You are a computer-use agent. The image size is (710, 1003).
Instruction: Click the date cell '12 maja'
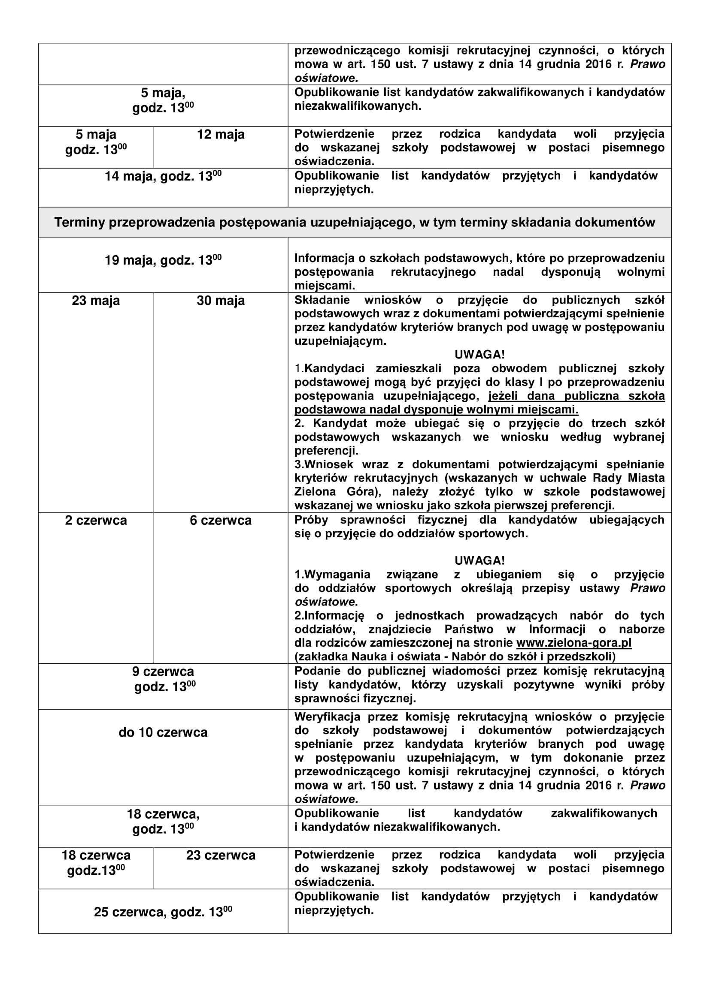pos(220,135)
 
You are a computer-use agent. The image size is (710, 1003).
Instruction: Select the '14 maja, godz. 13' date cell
pos(163,177)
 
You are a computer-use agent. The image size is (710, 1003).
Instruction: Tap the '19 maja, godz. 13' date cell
pos(163,260)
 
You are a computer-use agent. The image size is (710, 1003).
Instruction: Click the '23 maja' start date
pos(96,301)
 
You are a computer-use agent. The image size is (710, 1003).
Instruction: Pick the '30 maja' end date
pos(220,301)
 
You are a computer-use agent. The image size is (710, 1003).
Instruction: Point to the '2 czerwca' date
pos(96,521)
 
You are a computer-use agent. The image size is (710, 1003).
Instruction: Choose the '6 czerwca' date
pos(220,521)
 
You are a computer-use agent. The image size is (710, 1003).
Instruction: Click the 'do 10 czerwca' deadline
pos(163,732)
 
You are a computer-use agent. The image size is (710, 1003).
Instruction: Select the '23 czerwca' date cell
pos(220,855)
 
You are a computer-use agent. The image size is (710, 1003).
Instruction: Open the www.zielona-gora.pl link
pos(573,643)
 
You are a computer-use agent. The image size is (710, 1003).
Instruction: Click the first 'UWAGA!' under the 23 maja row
pos(479,354)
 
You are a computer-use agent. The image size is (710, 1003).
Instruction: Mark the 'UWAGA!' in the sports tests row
pos(479,560)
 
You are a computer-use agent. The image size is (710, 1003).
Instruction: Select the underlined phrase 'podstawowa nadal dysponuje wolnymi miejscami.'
pos(436,410)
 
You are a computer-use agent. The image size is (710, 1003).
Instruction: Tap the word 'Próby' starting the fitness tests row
pos(311,520)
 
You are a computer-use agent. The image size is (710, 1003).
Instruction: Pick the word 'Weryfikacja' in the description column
pos(327,717)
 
